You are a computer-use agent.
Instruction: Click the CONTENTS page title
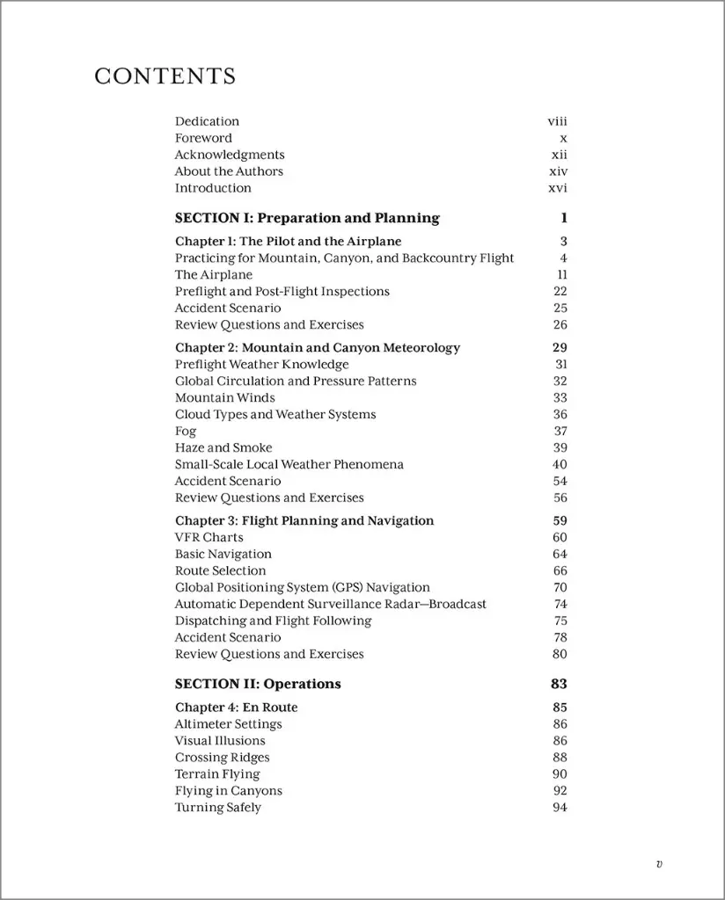165,76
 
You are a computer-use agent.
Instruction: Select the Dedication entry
207,121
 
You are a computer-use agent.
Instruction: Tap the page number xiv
558,171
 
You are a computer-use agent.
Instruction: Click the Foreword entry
203,138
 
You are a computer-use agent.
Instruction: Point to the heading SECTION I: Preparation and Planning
306,218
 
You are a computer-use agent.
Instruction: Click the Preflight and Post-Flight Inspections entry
282,291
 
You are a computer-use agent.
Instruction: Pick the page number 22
560,291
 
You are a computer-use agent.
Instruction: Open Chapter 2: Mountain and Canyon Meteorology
317,348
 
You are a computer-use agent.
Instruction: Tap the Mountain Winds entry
224,397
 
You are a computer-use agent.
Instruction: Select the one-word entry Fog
186,431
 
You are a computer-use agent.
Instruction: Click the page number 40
560,464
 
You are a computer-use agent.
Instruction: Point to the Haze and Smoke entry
223,447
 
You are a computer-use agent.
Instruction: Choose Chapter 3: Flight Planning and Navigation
304,520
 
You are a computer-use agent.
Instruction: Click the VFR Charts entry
209,537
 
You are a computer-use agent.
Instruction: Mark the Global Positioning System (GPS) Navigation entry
302,587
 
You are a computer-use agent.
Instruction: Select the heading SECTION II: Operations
258,684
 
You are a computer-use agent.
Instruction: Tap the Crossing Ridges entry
222,758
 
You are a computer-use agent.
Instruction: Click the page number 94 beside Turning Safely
560,808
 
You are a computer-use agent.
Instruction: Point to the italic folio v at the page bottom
659,864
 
